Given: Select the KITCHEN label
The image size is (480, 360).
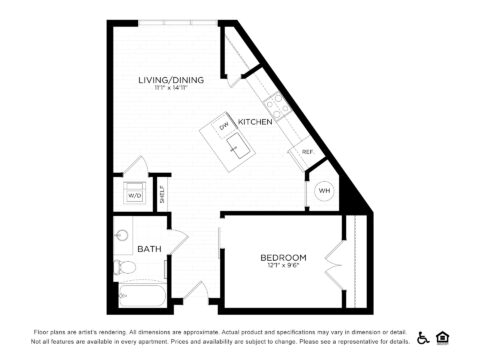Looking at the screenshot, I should (x=255, y=121).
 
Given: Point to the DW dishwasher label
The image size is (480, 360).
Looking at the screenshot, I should (x=224, y=126).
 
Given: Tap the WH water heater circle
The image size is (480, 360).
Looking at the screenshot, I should (x=325, y=191).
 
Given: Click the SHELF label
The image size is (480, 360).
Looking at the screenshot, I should (x=162, y=193).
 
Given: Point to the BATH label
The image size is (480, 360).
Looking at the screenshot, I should (x=149, y=249).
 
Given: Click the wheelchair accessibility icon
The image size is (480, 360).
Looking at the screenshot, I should (x=422, y=337).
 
